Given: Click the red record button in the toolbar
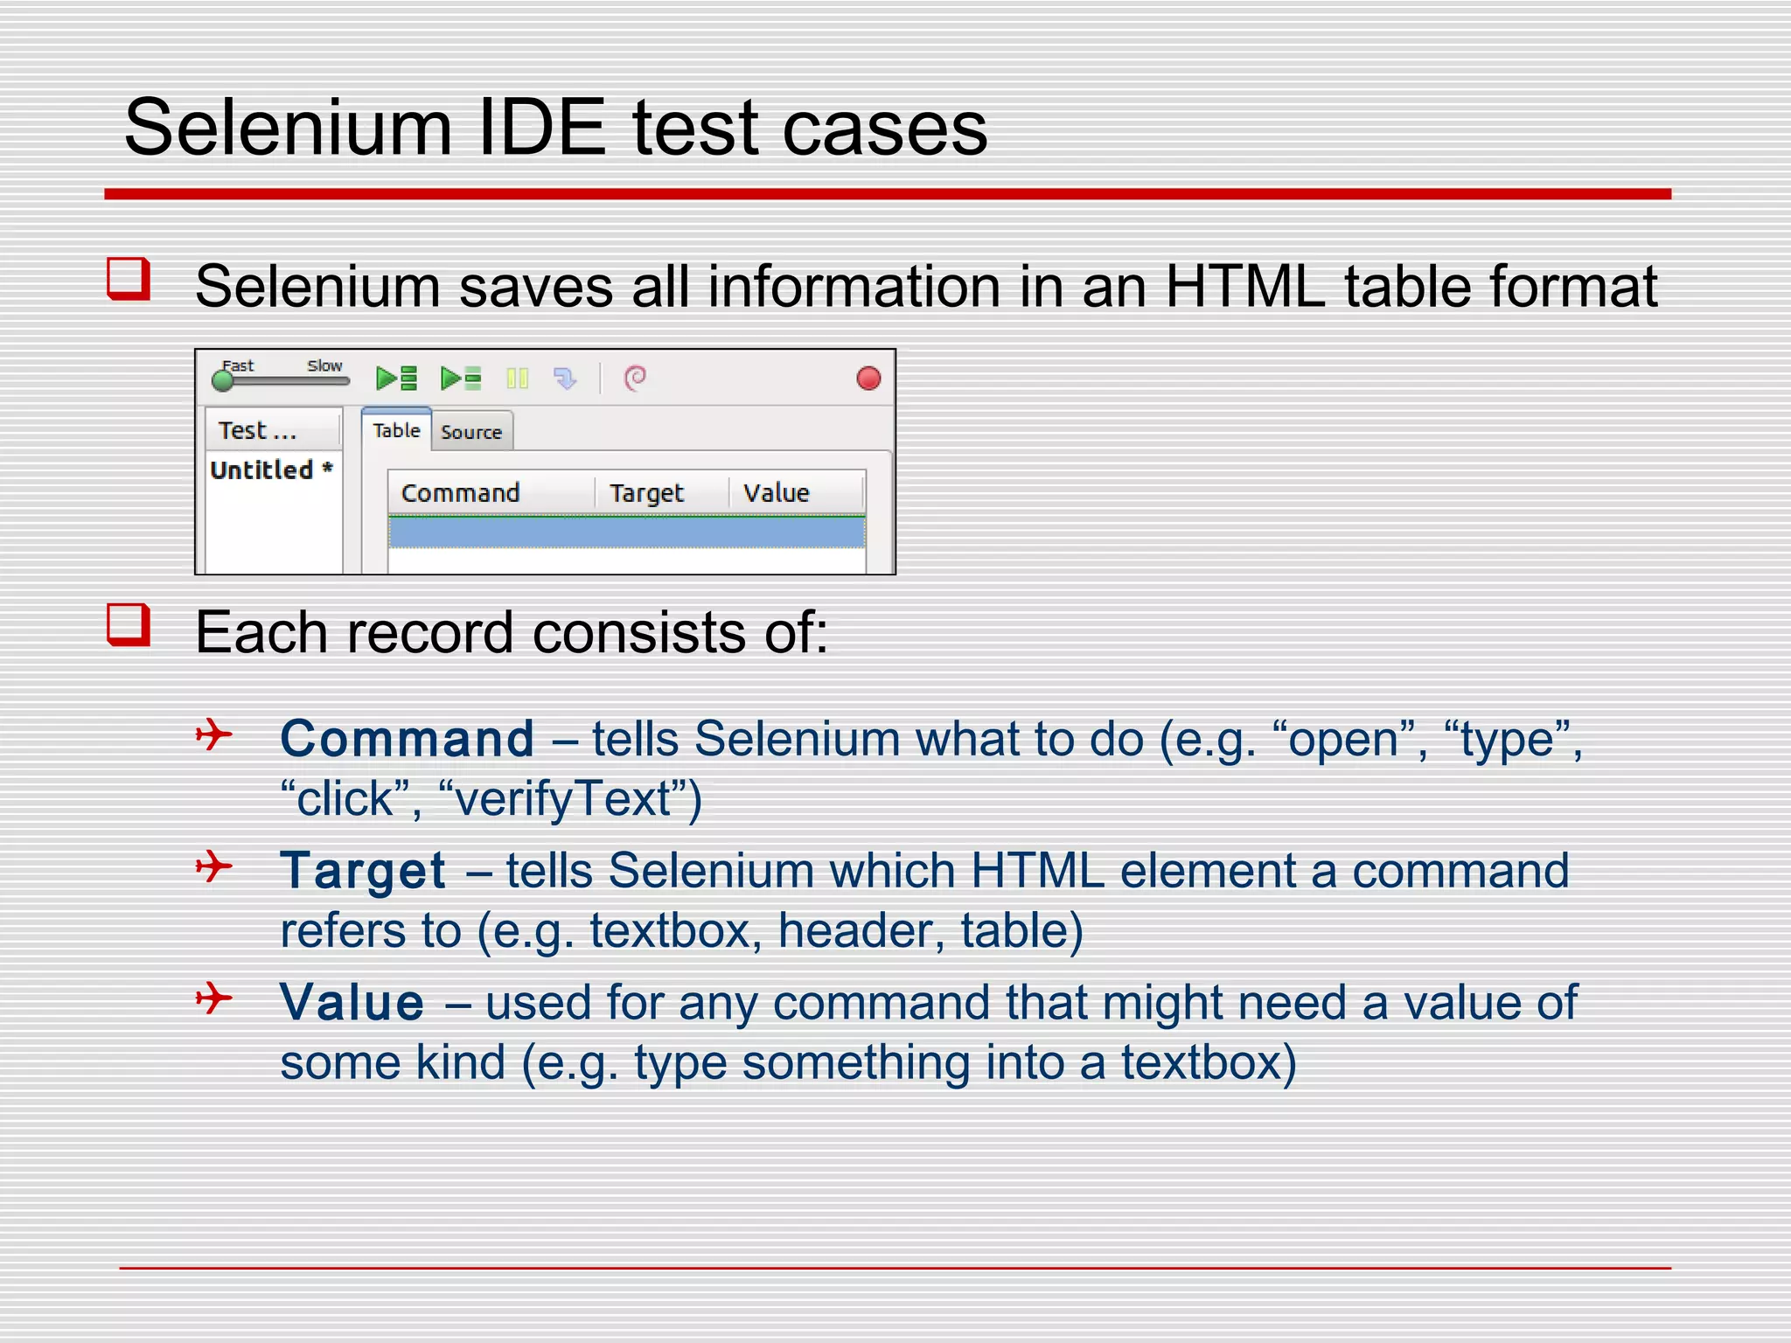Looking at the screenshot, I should [x=868, y=379].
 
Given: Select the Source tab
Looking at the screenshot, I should [x=470, y=432].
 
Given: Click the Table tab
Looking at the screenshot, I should [x=396, y=430].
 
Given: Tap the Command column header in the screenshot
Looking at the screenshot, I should [x=460, y=493].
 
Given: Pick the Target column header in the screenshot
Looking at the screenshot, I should [x=646, y=493].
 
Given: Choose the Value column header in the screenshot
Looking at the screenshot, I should [x=776, y=493].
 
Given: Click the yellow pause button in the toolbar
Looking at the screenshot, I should [x=517, y=379].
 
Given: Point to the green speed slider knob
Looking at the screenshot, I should [x=223, y=380].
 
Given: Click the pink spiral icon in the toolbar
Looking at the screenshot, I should [x=635, y=378].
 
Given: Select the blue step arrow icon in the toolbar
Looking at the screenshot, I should [x=565, y=379].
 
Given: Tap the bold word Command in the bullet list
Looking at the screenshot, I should [x=407, y=739].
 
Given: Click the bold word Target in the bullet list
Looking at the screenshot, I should [x=363, y=871].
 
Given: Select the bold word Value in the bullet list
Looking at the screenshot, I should [x=352, y=1002].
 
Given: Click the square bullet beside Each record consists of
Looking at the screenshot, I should [x=129, y=625].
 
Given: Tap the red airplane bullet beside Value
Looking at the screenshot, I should [x=213, y=998].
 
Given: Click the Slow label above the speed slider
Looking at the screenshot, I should [x=324, y=365].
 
